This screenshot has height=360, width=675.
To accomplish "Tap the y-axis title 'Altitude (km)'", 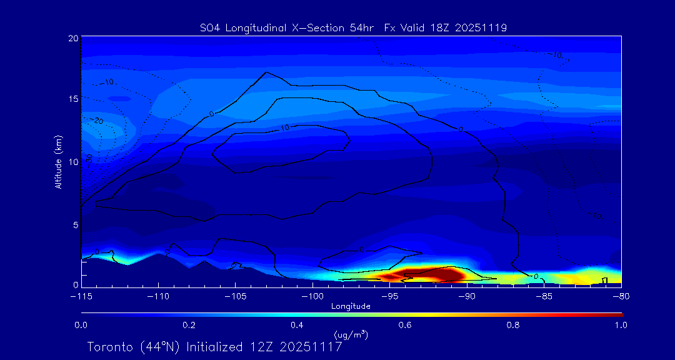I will (x=58, y=161).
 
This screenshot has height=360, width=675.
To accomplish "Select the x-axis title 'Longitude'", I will (x=351, y=306).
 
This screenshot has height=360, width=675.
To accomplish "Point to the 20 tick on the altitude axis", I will (x=72, y=38).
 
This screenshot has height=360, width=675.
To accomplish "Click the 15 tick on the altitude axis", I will (x=72, y=99).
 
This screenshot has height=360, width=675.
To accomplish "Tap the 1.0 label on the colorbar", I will (x=621, y=325).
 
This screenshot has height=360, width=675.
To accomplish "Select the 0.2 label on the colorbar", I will (x=189, y=325).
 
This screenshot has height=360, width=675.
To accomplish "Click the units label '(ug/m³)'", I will (x=351, y=336).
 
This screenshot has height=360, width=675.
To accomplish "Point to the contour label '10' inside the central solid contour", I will (x=284, y=127).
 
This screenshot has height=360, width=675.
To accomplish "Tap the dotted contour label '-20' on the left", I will (x=98, y=120).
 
